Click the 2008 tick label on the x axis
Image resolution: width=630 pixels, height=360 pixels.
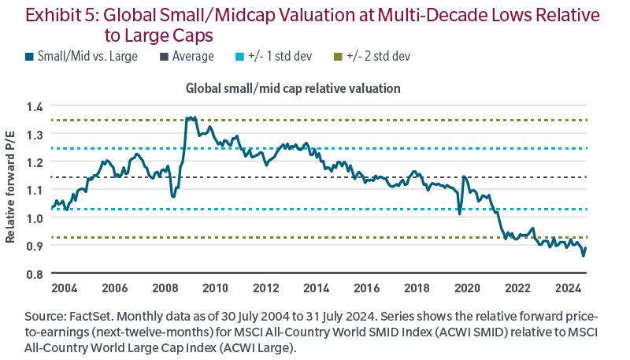(x=165, y=286)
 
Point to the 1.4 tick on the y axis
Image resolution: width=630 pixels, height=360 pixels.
(x=35, y=106)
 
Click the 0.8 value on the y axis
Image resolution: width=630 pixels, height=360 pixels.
(x=35, y=274)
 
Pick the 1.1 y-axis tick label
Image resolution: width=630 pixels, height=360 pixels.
(x=35, y=190)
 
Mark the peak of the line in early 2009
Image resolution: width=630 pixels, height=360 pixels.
(x=190, y=117)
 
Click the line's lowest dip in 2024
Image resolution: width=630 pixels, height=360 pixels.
(x=584, y=255)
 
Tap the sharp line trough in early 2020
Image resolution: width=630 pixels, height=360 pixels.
(x=460, y=213)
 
